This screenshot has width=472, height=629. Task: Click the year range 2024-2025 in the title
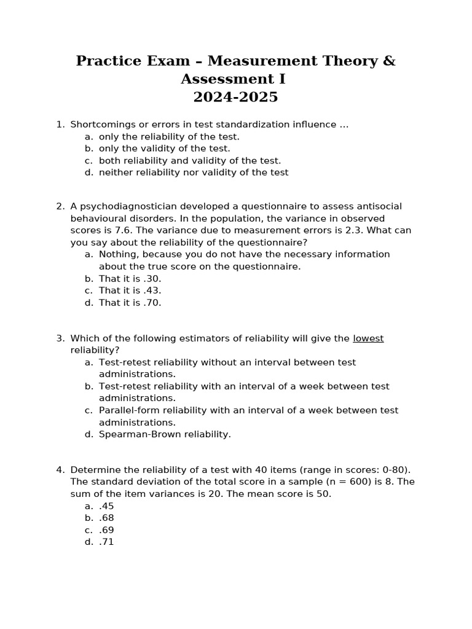coord(235,97)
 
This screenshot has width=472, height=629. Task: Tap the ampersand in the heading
coord(388,61)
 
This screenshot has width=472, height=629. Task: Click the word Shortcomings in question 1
coord(100,125)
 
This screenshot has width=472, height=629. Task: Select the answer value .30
coord(152,278)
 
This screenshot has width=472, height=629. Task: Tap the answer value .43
coord(152,291)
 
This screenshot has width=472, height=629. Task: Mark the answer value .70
coord(152,303)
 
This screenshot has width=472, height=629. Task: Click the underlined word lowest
coord(368,338)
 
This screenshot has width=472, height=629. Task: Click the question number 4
coord(60,470)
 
